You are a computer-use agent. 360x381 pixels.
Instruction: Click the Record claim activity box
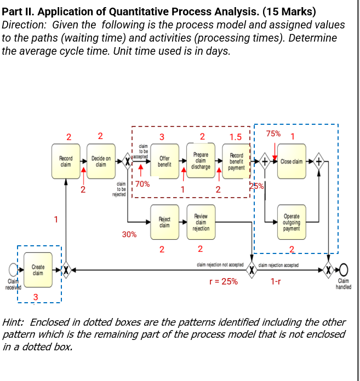(66, 161)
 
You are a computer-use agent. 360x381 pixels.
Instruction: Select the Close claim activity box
(292, 161)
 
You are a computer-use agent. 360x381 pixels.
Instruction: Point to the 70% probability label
(142, 184)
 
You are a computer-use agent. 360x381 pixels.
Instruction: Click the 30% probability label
(129, 234)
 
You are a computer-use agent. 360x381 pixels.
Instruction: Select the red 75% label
(273, 134)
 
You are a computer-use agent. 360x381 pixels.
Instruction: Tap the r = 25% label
(223, 281)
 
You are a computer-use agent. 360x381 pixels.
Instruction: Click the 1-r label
(276, 281)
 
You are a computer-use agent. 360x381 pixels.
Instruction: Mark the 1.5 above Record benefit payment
(236, 137)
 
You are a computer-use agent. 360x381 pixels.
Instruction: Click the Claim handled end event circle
(344, 270)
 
